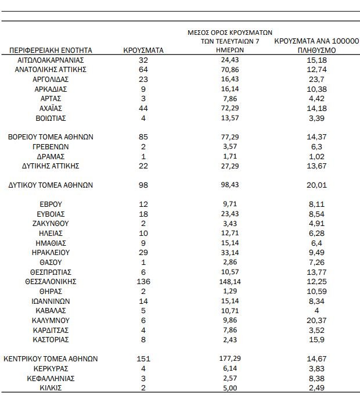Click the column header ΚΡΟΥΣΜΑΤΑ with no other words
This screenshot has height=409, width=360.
click(143, 51)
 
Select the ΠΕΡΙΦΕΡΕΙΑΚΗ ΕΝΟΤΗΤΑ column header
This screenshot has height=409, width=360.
click(51, 51)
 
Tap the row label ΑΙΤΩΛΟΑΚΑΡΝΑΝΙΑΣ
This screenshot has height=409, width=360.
click(51, 60)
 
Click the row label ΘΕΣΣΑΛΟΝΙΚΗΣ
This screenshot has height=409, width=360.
click(51, 281)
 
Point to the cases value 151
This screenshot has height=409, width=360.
click(144, 359)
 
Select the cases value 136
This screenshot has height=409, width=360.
click(144, 281)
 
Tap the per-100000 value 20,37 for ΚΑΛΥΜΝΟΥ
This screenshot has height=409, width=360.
click(316, 320)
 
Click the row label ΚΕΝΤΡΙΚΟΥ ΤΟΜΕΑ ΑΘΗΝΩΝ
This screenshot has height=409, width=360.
click(51, 359)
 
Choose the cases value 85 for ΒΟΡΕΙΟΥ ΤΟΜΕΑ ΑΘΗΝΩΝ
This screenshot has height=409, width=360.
click(144, 137)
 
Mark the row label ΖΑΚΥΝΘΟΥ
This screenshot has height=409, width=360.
click(51, 223)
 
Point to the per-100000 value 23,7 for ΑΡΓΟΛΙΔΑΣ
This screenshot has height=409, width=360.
click(316, 80)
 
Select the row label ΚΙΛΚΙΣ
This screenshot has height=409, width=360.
click(51, 388)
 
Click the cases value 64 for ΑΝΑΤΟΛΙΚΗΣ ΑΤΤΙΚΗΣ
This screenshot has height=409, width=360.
click(144, 70)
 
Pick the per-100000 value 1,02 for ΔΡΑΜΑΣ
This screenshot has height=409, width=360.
click(316, 156)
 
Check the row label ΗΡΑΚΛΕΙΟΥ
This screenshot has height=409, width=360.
click(51, 252)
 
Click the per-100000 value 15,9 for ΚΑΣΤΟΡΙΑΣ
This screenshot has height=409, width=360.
click(316, 339)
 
